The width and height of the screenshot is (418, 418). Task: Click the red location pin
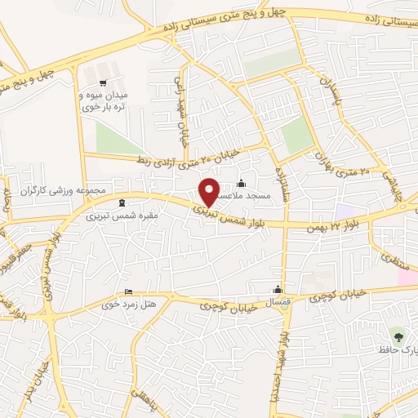pyautogui.click(x=210, y=191)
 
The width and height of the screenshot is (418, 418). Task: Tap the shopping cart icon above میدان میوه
pyautogui.click(x=103, y=82)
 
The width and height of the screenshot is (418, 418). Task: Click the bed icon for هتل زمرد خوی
pyautogui.click(x=128, y=292)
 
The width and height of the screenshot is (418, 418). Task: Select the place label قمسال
pyautogui.click(x=278, y=302)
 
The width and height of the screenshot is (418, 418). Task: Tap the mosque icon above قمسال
pyautogui.click(x=278, y=290)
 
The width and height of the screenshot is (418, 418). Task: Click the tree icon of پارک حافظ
pyautogui.click(x=398, y=336)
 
